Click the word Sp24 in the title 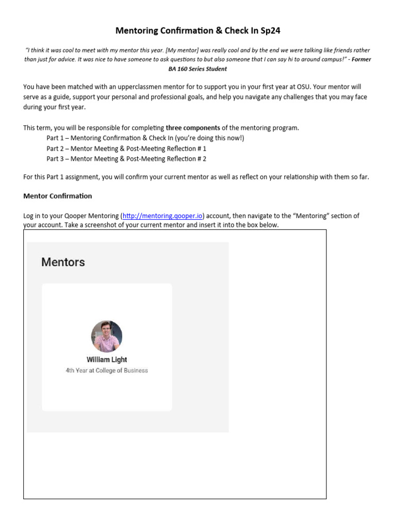269,30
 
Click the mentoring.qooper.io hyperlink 162,216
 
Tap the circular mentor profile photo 107,336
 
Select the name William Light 107,359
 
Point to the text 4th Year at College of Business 107,370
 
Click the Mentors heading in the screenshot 63,262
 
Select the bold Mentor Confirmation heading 58,196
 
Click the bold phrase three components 193,128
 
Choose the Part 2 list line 126,148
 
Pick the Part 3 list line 126,159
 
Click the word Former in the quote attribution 361,59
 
